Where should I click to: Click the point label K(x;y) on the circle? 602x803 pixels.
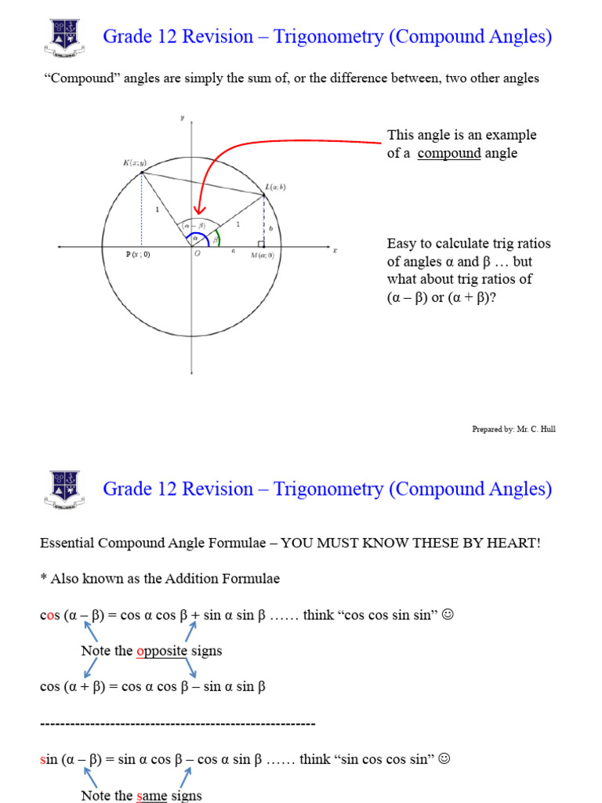[x=134, y=163]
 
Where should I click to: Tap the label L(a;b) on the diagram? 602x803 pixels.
[x=275, y=187]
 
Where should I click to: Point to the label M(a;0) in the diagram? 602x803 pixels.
[x=262, y=255]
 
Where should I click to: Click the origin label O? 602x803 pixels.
[x=197, y=254]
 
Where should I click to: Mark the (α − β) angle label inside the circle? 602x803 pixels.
[x=193, y=226]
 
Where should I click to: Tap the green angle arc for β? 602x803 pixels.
[x=218, y=238]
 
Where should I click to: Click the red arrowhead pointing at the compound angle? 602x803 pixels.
[x=198, y=209]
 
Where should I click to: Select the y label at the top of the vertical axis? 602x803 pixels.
[x=182, y=118]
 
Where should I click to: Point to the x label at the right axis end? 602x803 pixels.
[x=335, y=250]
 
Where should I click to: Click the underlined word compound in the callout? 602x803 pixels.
[x=449, y=154]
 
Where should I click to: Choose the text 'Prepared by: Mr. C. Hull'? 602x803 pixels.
[x=513, y=429]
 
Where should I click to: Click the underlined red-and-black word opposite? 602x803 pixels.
[x=161, y=651]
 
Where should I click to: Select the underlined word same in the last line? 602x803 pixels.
[x=152, y=796]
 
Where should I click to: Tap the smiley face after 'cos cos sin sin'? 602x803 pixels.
[x=448, y=614]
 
